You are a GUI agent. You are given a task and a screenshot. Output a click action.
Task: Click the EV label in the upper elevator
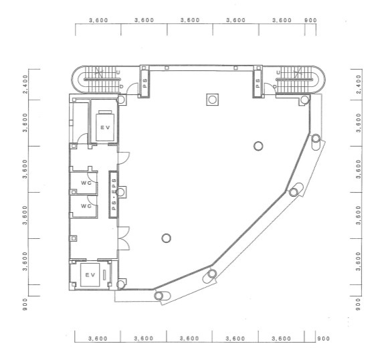pos(105,127)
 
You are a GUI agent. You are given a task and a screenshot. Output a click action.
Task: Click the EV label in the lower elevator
pos(90,275)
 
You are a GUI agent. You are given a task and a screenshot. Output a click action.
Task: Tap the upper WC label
pos(86,183)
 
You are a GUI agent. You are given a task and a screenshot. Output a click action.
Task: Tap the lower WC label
pos(86,206)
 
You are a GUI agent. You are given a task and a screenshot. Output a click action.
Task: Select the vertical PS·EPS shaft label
pos(114,194)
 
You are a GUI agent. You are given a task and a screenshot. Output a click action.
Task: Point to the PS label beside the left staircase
pos(144,83)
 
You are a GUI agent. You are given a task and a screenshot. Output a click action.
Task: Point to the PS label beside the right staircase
pos(258,83)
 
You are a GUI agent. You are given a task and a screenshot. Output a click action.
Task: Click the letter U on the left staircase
pos(118,72)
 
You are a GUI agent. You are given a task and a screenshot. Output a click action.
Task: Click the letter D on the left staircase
pos(121,86)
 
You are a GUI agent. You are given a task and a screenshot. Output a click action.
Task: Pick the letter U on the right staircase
pos(278,72)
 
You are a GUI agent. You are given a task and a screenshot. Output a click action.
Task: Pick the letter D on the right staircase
pos(275,86)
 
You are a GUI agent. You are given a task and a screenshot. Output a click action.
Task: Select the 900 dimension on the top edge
pos(310,20)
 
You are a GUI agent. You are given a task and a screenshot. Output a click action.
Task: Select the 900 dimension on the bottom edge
pos(323,339)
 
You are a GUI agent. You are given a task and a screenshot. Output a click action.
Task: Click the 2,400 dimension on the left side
pos(25,84)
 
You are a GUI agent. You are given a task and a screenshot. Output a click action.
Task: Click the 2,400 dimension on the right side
pos(359,84)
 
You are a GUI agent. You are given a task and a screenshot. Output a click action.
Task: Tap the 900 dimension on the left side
pos(25,304)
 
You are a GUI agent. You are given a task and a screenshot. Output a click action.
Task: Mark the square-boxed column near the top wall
pos(213,100)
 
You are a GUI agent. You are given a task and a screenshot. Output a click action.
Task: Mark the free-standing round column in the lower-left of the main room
pos(167,238)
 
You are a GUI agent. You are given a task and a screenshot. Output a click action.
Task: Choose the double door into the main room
pos(124,238)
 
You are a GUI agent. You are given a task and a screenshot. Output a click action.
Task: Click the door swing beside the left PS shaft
pos(132,88)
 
